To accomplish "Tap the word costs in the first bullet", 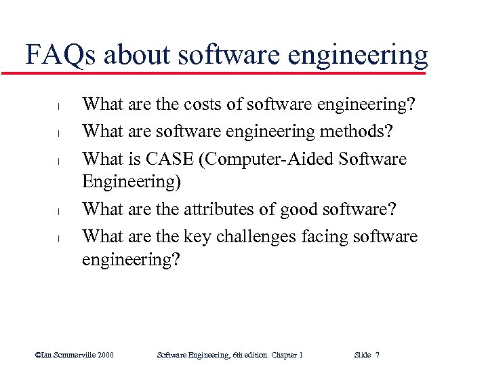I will pyautogui.click(x=205, y=104).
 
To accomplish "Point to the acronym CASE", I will pyautogui.click(x=165, y=159).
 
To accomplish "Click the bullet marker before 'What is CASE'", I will pyautogui.click(x=59, y=161).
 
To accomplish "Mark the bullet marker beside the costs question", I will pyautogui.click(x=59, y=107).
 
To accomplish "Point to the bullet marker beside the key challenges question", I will pyautogui.click(x=59, y=239).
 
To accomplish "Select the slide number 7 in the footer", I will pyautogui.click(x=377, y=355).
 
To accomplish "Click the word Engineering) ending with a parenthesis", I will pyautogui.click(x=128, y=182).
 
